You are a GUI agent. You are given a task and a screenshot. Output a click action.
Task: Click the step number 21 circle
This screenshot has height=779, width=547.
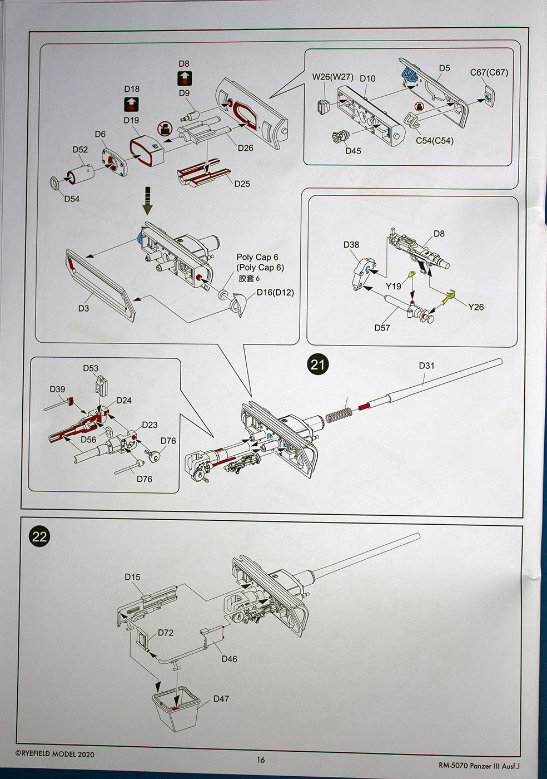tap(317, 364)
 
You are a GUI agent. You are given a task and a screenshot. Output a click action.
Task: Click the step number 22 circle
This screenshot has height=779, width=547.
tap(39, 536)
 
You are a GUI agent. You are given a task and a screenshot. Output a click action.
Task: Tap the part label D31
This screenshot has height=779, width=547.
tap(426, 366)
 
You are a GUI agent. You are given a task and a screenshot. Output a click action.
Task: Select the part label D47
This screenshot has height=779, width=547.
tap(221, 698)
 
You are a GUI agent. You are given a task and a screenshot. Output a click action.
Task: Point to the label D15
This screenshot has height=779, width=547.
tap(132, 577)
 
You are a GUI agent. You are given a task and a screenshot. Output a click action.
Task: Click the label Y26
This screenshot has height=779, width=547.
tap(476, 307)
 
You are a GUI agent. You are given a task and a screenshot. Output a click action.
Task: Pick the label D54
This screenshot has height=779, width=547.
tap(72, 199)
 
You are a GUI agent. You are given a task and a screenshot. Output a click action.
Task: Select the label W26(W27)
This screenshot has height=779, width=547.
tap(332, 77)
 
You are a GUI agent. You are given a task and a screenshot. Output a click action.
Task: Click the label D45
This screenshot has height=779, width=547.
tap(353, 151)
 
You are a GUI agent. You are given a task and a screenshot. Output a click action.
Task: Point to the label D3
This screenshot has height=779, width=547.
tap(83, 308)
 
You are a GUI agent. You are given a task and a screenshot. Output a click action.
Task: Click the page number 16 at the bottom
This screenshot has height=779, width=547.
tap(261, 760)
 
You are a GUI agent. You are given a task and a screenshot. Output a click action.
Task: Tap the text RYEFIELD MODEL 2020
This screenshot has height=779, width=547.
tap(54, 754)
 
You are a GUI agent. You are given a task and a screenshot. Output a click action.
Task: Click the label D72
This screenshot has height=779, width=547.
tap(165, 633)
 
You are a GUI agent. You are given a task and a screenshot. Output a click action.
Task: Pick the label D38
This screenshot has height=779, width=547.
tap(351, 245)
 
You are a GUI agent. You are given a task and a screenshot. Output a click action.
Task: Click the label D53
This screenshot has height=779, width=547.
tap(91, 368)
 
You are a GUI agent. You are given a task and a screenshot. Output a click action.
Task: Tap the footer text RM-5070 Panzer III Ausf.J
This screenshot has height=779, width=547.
tap(479, 766)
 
